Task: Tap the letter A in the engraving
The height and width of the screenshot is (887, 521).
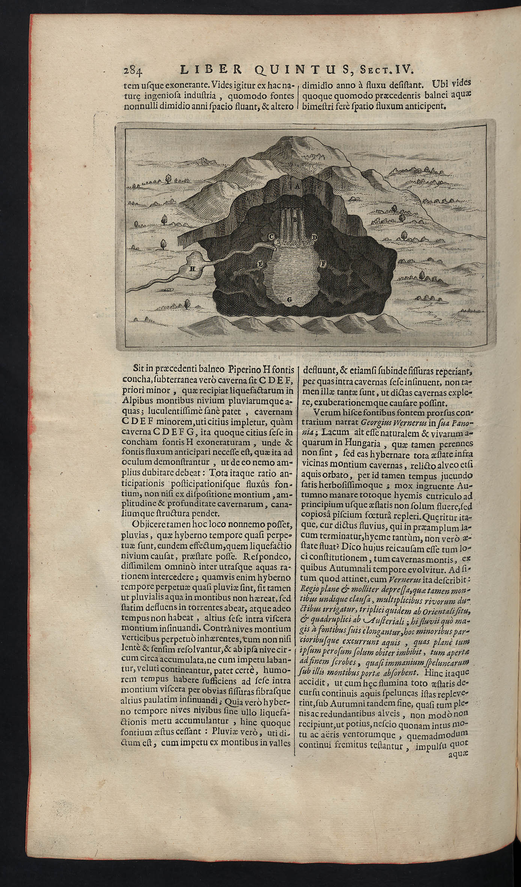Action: coord(297,186)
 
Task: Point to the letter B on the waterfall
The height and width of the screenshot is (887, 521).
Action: coord(295,220)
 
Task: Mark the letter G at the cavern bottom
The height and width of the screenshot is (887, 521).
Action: coord(289,299)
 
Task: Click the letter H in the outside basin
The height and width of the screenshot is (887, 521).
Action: coord(192,269)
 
